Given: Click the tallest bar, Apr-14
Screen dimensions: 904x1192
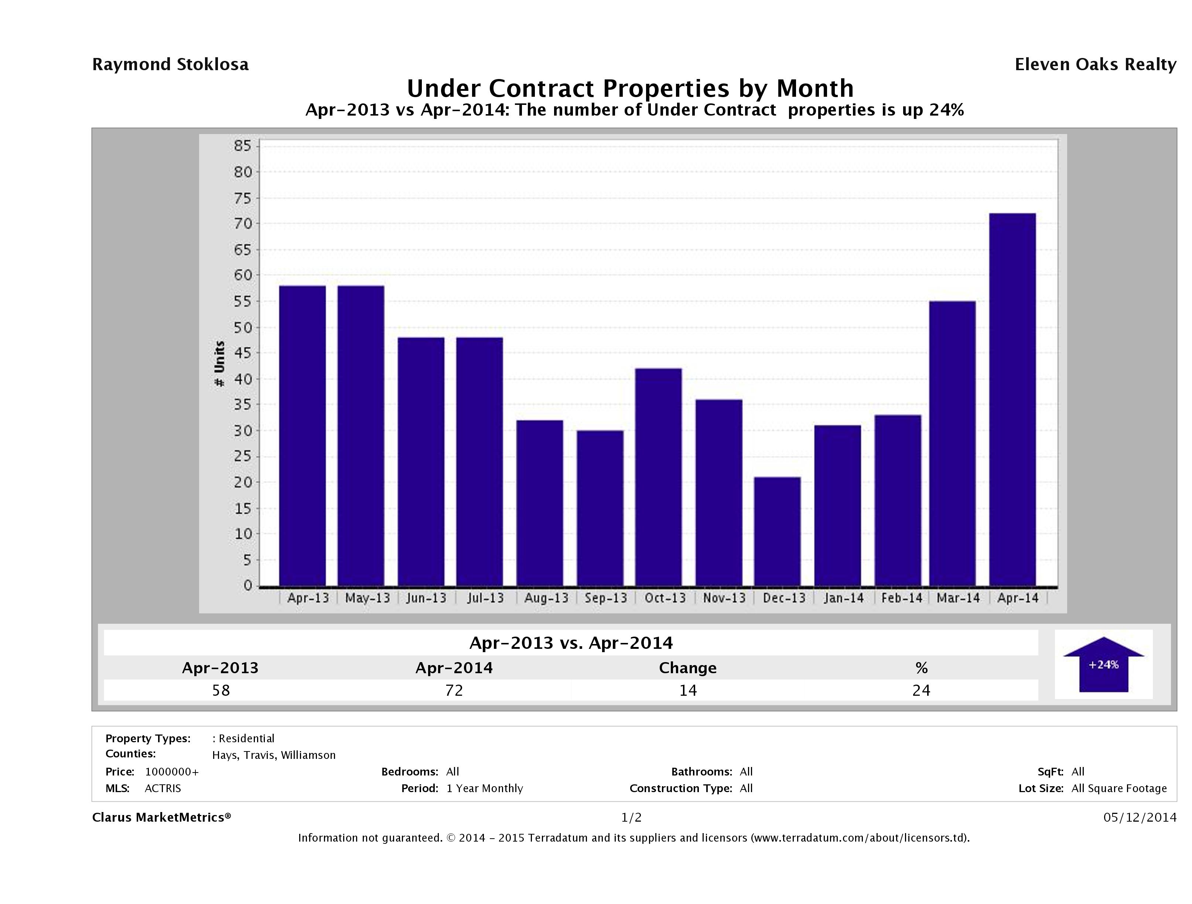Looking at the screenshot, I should [1012, 399].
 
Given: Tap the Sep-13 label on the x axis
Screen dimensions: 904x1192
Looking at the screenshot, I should [606, 598].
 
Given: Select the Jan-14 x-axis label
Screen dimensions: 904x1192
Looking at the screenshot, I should [843, 598].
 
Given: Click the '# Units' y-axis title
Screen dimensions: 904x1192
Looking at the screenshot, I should [219, 364].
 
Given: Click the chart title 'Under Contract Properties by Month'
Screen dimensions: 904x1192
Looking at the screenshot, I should [630, 88].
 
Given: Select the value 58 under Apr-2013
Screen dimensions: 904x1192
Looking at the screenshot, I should [221, 690].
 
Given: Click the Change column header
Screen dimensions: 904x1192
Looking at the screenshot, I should [688, 668].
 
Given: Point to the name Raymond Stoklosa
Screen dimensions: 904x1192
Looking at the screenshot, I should [170, 65].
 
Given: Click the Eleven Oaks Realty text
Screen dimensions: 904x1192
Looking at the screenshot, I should [1095, 65].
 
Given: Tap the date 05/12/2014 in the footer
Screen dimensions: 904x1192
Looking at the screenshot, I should [1140, 817].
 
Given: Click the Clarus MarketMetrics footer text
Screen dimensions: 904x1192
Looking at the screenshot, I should [161, 817].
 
